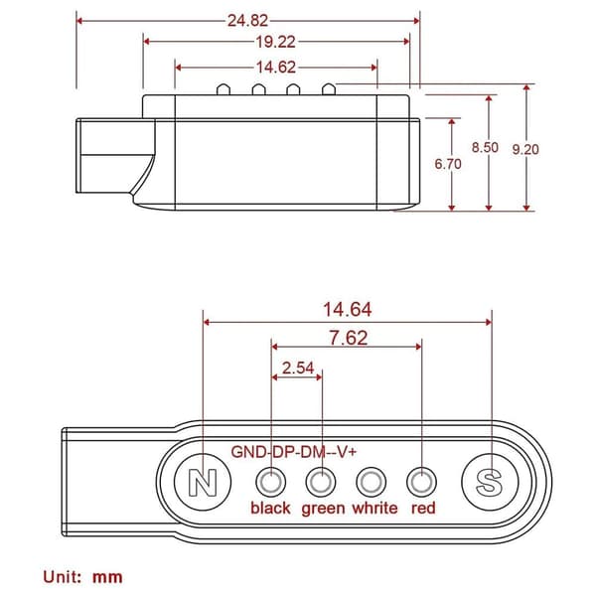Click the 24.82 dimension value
tap(247, 21)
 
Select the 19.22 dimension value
tap(275, 42)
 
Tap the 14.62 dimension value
tap(276, 68)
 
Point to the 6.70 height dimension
tap(448, 164)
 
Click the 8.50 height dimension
tap(485, 147)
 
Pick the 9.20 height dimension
tap(525, 149)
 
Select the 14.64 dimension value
tap(348, 309)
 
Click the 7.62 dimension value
tap(349, 338)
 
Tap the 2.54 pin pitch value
tap(298, 368)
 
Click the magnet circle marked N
tap(203, 482)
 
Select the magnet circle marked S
tap(490, 482)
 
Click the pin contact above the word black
tap(270, 482)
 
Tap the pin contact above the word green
tap(321, 482)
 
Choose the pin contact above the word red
tap(421, 482)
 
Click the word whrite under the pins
tap(374, 508)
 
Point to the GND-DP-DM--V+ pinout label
tap(294, 452)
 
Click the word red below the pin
tap(423, 509)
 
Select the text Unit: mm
tap(82, 577)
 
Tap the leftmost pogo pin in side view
tap(223, 89)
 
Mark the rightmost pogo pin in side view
tap(329, 89)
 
